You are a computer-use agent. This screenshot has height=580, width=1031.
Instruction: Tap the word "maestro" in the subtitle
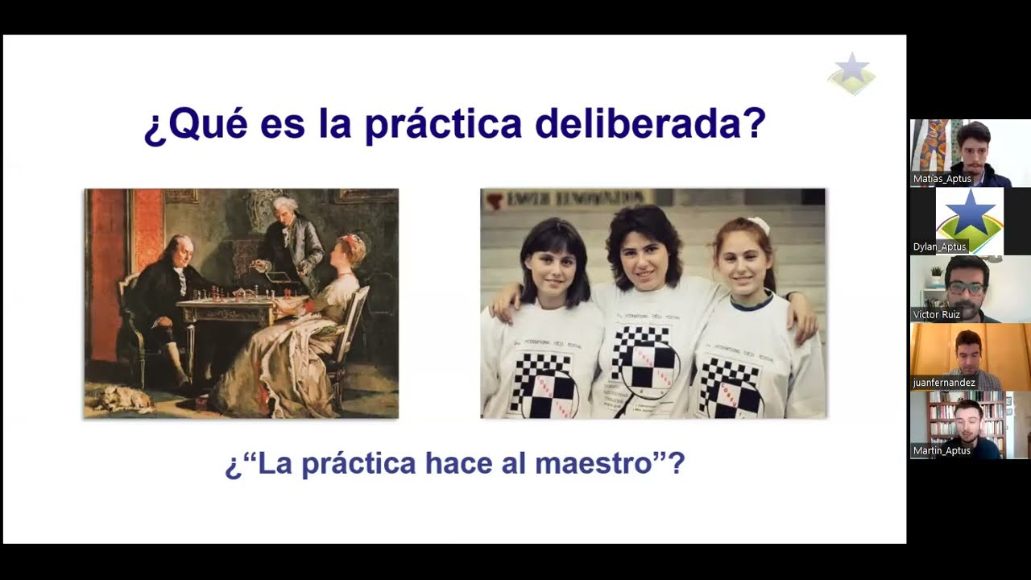coord(594,464)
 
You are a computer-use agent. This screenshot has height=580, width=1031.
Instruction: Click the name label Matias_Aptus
coord(942,179)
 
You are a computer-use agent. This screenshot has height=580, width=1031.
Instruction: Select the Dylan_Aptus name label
coord(940,246)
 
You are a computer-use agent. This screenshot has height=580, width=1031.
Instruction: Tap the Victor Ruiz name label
coord(937,314)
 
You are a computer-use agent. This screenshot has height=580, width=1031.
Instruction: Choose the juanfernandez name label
coord(945,383)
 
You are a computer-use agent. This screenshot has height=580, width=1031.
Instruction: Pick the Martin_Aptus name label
coord(942,450)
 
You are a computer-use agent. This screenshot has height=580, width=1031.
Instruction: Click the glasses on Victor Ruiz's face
coord(967,287)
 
